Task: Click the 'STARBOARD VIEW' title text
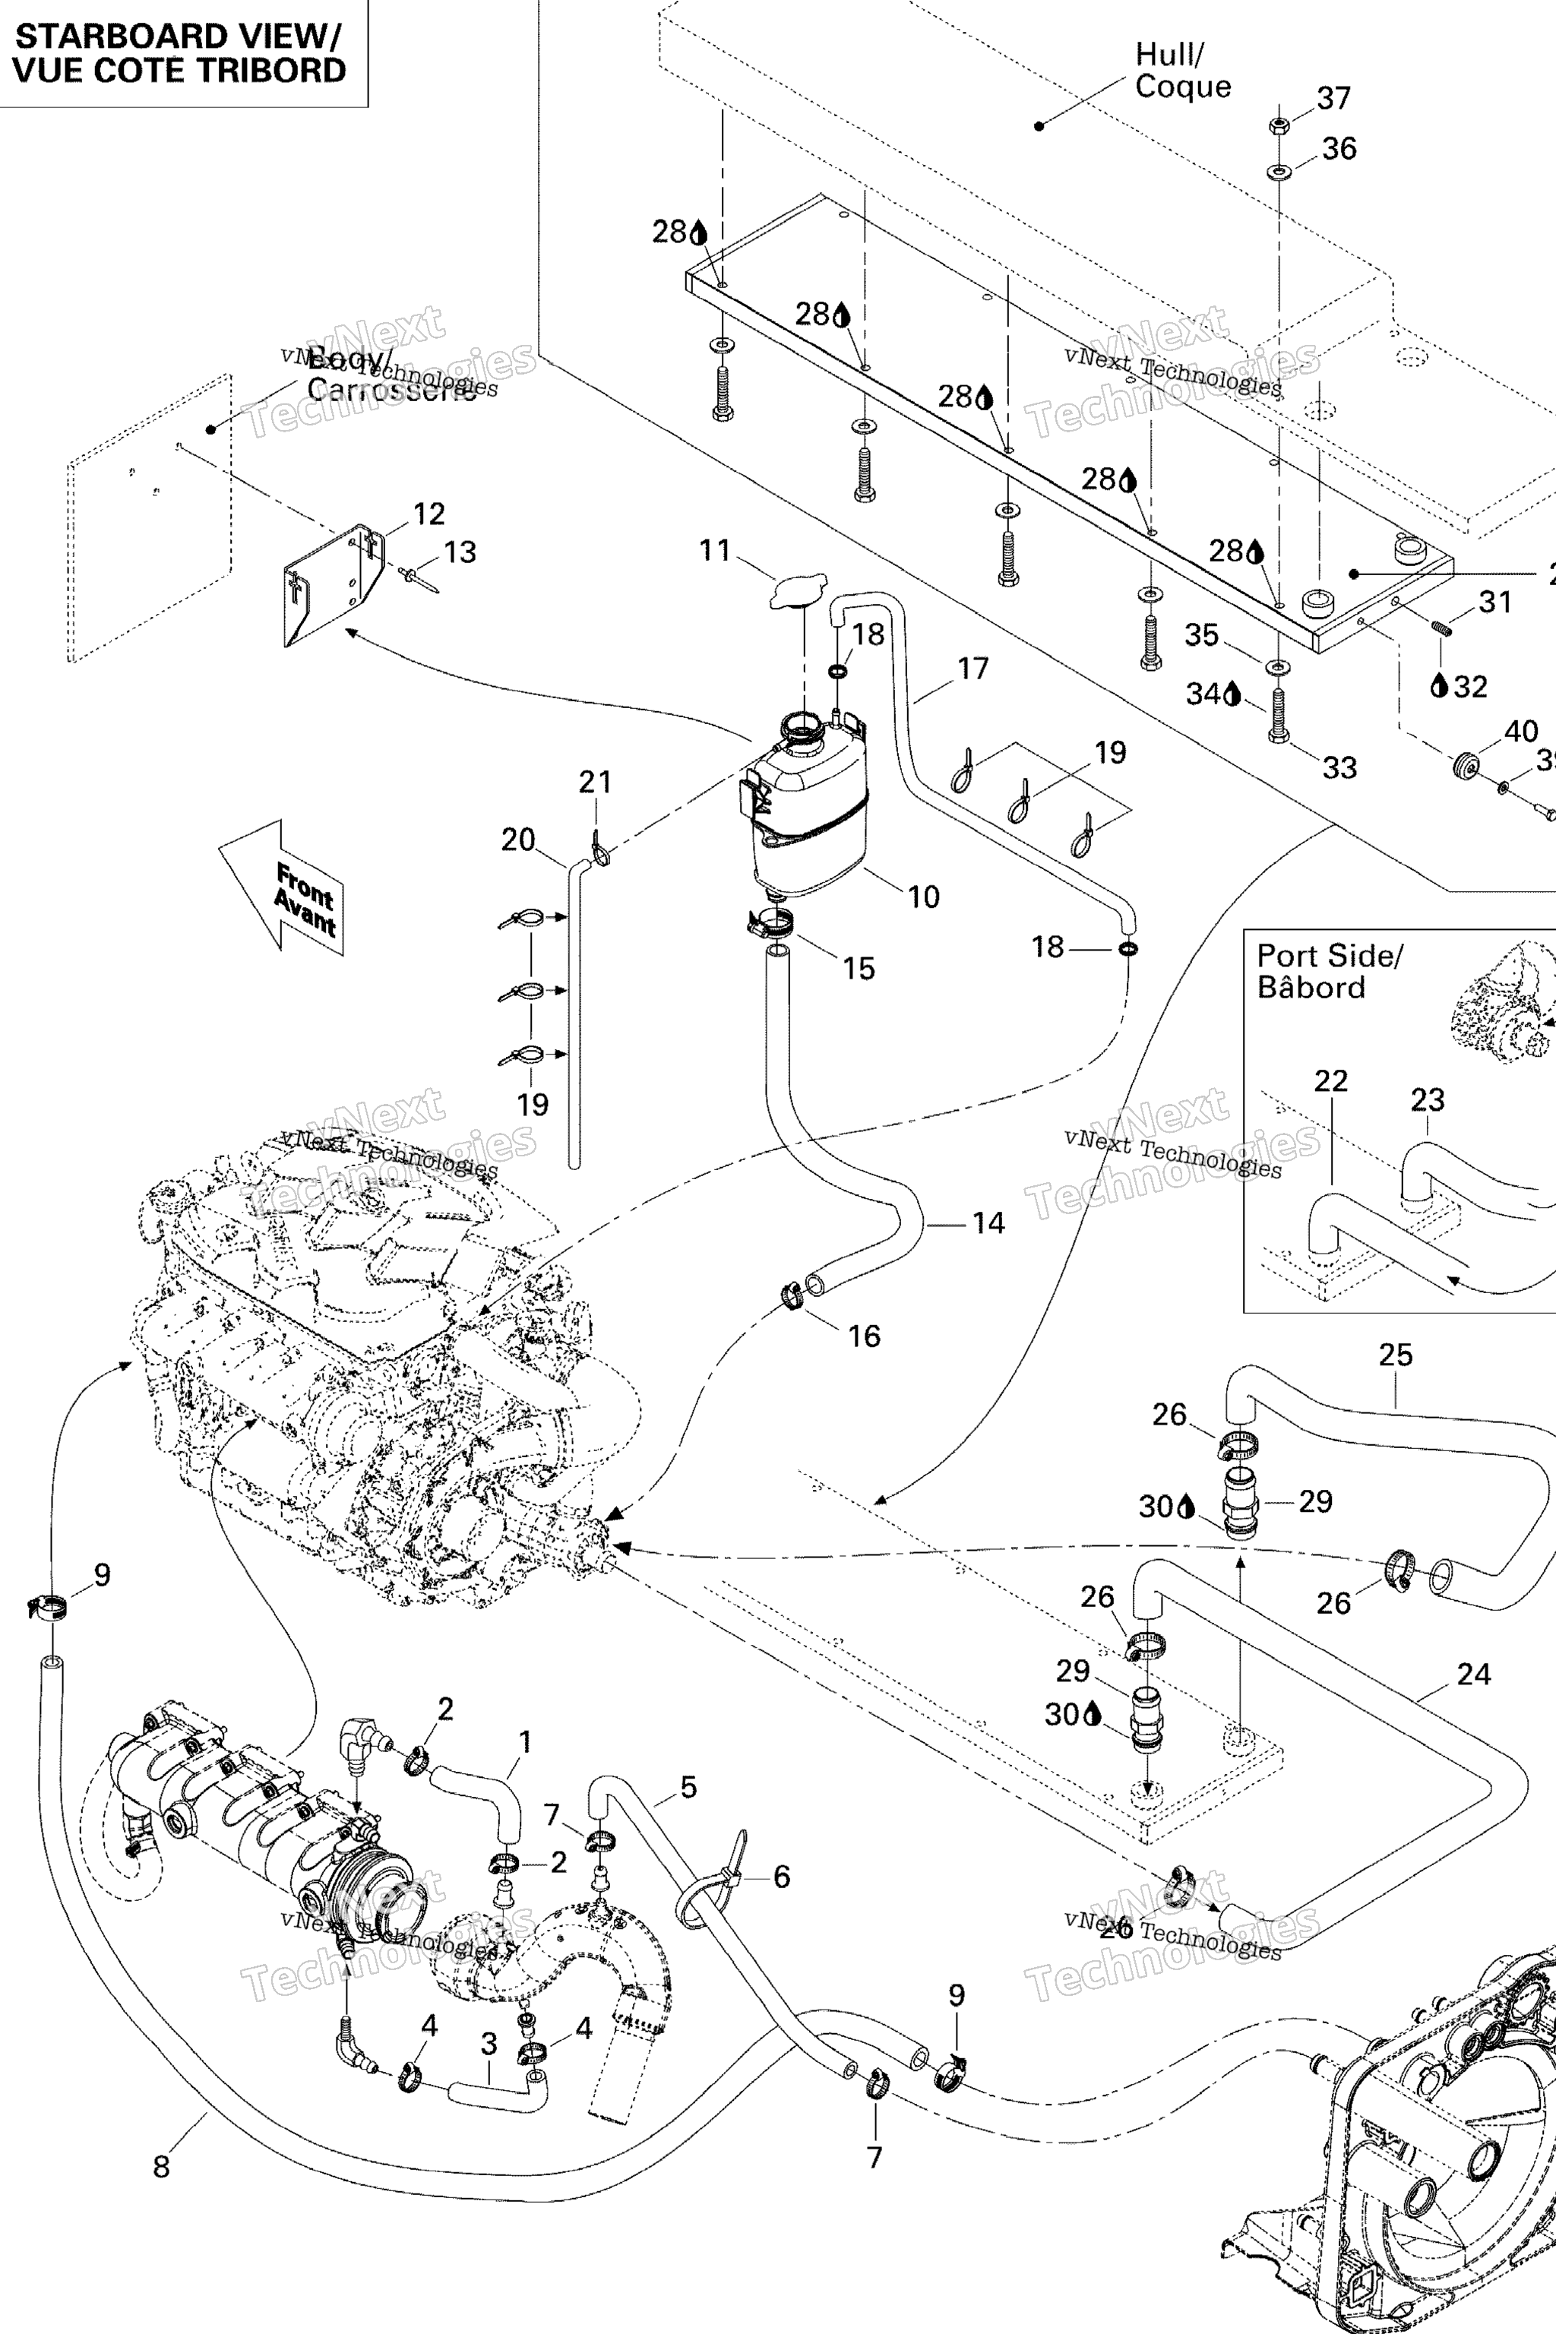click(x=179, y=36)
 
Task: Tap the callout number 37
click(x=1333, y=98)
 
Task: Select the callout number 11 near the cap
click(x=714, y=551)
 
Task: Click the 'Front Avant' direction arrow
click(x=283, y=887)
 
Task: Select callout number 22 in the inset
click(x=1331, y=1080)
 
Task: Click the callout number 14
click(x=988, y=1222)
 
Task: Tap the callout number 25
click(x=1395, y=1355)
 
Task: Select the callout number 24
click(x=1474, y=1674)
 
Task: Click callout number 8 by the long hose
click(x=162, y=2166)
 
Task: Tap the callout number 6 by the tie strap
click(x=781, y=1876)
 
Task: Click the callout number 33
click(x=1339, y=767)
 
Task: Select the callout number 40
click(x=1520, y=732)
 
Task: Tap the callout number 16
click(x=863, y=1336)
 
